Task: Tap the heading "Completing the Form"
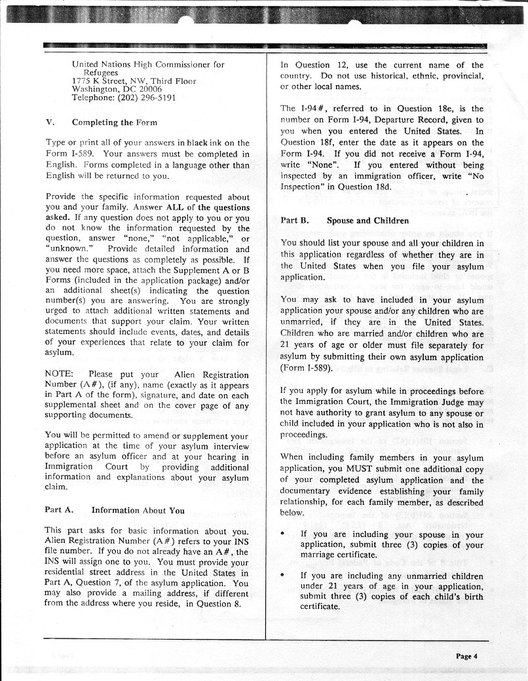click(x=115, y=122)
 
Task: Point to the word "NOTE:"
click(x=59, y=375)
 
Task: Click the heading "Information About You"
click(x=138, y=510)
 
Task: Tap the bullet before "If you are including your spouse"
click(x=282, y=535)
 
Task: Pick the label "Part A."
click(x=58, y=510)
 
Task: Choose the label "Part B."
click(x=294, y=221)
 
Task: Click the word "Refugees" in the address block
click(x=100, y=73)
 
